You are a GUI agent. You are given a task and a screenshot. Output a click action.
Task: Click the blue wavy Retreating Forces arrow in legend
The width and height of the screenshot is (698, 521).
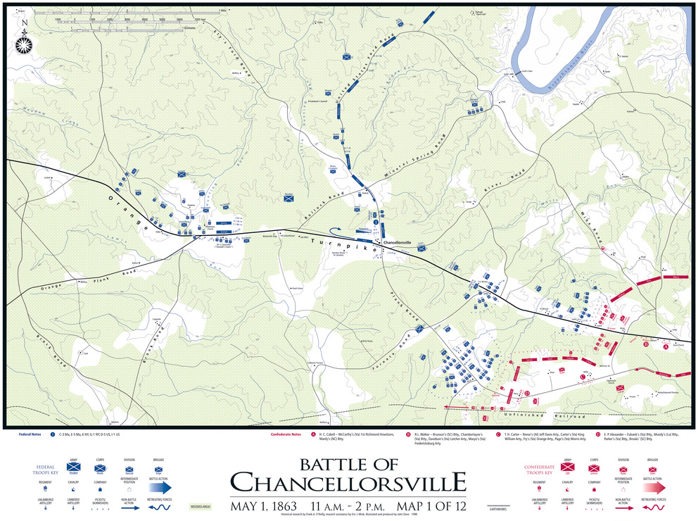click(160, 506)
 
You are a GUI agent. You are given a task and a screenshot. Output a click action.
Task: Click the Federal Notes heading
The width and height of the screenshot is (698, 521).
click(29, 434)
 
